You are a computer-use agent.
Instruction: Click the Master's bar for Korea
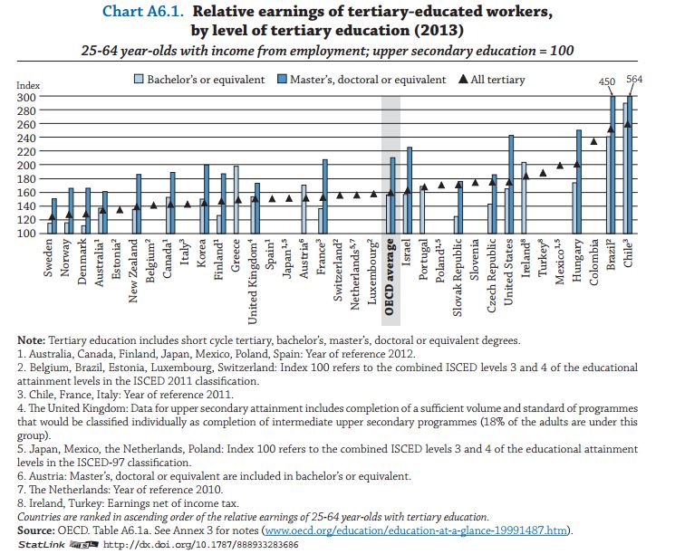click(x=207, y=199)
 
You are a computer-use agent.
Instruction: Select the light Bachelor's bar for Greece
click(x=236, y=200)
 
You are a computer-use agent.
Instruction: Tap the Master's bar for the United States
click(x=511, y=185)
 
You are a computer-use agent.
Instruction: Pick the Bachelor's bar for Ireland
click(x=524, y=198)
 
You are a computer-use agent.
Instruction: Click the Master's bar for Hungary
click(x=579, y=182)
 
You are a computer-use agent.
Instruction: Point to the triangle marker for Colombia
click(x=593, y=141)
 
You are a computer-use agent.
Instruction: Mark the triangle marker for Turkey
click(x=543, y=173)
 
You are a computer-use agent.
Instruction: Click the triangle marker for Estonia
click(x=120, y=209)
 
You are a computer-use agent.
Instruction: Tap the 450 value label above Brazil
click(x=607, y=81)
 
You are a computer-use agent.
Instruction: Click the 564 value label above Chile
click(x=634, y=79)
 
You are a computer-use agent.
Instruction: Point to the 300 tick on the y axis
click(x=26, y=97)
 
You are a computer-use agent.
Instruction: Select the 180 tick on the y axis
click(x=26, y=179)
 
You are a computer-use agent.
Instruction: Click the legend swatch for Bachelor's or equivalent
click(x=139, y=79)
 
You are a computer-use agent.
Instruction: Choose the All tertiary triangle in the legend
click(x=463, y=79)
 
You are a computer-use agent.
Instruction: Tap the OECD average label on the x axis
click(x=390, y=277)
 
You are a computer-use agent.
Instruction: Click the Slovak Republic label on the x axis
click(x=458, y=277)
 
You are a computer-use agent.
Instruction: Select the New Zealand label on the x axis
click(x=133, y=271)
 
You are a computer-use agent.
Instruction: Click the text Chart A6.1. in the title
click(x=143, y=12)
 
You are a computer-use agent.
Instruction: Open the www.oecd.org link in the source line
click(x=416, y=530)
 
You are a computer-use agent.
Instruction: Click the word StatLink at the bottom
click(x=42, y=545)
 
